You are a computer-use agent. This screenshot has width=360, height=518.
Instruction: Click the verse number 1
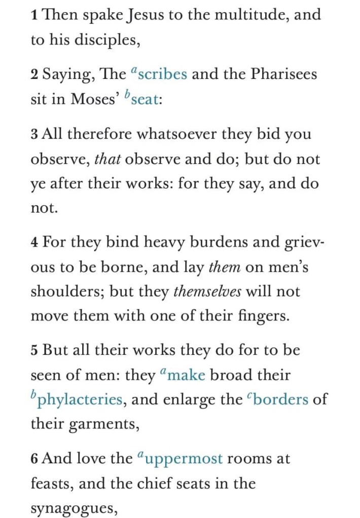tap(34, 15)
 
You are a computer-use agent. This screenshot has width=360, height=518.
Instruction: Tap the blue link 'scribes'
tap(162, 74)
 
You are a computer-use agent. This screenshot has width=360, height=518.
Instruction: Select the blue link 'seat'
tap(146, 99)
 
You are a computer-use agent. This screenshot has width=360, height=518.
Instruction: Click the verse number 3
tap(34, 135)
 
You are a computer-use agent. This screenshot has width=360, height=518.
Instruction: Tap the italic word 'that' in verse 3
tap(107, 160)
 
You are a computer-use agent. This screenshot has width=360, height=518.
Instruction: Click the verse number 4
tap(34, 242)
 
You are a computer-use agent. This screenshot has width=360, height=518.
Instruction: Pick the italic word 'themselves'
tap(207, 292)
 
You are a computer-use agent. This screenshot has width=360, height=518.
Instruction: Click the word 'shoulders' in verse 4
tap(60, 292)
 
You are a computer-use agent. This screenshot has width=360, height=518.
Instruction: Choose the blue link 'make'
tap(186, 375)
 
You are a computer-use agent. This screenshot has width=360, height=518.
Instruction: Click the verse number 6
tap(34, 459)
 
